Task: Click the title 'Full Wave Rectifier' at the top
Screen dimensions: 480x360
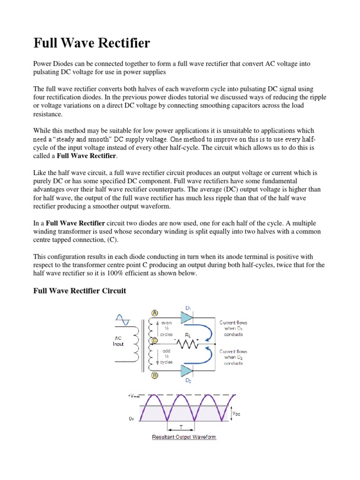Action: pos(92,44)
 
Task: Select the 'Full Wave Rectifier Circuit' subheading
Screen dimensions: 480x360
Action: pos(79,291)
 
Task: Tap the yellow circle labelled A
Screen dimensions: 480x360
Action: pos(154,314)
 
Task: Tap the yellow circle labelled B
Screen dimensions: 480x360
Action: pos(154,375)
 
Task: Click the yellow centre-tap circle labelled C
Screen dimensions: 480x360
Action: pos(154,341)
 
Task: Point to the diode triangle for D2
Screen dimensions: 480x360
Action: pos(186,371)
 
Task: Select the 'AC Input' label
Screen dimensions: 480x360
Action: pos(118,341)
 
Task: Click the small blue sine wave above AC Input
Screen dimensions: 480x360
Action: pos(123,321)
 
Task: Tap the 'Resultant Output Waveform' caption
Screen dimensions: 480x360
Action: pos(184,437)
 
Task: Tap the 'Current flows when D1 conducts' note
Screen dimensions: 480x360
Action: pos(233,328)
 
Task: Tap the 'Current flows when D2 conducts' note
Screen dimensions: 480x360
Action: pos(233,357)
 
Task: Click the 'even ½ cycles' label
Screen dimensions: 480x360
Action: pos(166,329)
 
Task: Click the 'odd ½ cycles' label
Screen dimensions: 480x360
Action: pos(166,356)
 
